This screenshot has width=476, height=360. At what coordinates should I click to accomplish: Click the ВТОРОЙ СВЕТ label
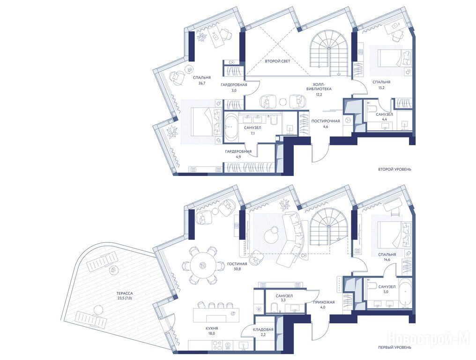point(277,61)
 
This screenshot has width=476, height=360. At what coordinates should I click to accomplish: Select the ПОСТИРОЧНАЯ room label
point(326,121)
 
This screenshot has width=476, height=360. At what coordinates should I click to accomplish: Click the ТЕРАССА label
point(125,293)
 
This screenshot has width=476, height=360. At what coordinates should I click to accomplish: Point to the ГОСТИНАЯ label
point(237,264)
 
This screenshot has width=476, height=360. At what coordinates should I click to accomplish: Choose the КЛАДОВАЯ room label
point(263,330)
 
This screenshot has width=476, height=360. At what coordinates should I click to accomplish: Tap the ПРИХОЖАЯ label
point(324,302)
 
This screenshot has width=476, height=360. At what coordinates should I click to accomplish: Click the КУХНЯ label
point(212,328)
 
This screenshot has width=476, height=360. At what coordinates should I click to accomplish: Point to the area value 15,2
point(381,88)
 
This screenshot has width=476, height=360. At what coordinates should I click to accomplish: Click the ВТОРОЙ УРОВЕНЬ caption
point(394,169)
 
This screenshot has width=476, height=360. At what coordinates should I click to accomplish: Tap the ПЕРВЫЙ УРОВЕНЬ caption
point(394,347)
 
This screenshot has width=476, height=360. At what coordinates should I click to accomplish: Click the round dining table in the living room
point(201,266)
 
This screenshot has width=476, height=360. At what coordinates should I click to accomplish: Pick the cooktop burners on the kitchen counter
point(217,345)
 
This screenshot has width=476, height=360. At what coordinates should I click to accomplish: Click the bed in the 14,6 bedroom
point(392,233)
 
